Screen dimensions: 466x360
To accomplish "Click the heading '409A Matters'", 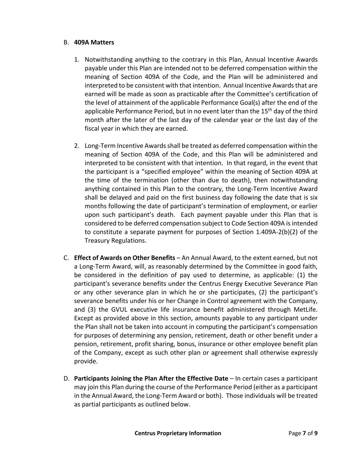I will click(94, 42).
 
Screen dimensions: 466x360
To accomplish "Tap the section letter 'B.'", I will click(66, 42).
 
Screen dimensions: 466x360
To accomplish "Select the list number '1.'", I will click(77, 59).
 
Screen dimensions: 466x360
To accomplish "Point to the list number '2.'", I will click(77, 146).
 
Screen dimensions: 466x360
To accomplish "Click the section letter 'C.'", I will click(66, 258).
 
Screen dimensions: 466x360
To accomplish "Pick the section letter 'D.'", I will click(66, 378).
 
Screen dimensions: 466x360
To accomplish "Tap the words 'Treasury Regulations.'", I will click(115, 240).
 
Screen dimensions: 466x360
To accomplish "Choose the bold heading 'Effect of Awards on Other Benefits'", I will click(125, 258).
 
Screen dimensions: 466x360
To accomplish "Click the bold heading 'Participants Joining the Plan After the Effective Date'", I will click(151, 378).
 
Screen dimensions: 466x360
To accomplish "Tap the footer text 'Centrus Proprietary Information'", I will click(178, 433).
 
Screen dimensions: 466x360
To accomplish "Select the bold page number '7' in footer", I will click(304, 433).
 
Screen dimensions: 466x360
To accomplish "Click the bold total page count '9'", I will click(316, 433).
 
